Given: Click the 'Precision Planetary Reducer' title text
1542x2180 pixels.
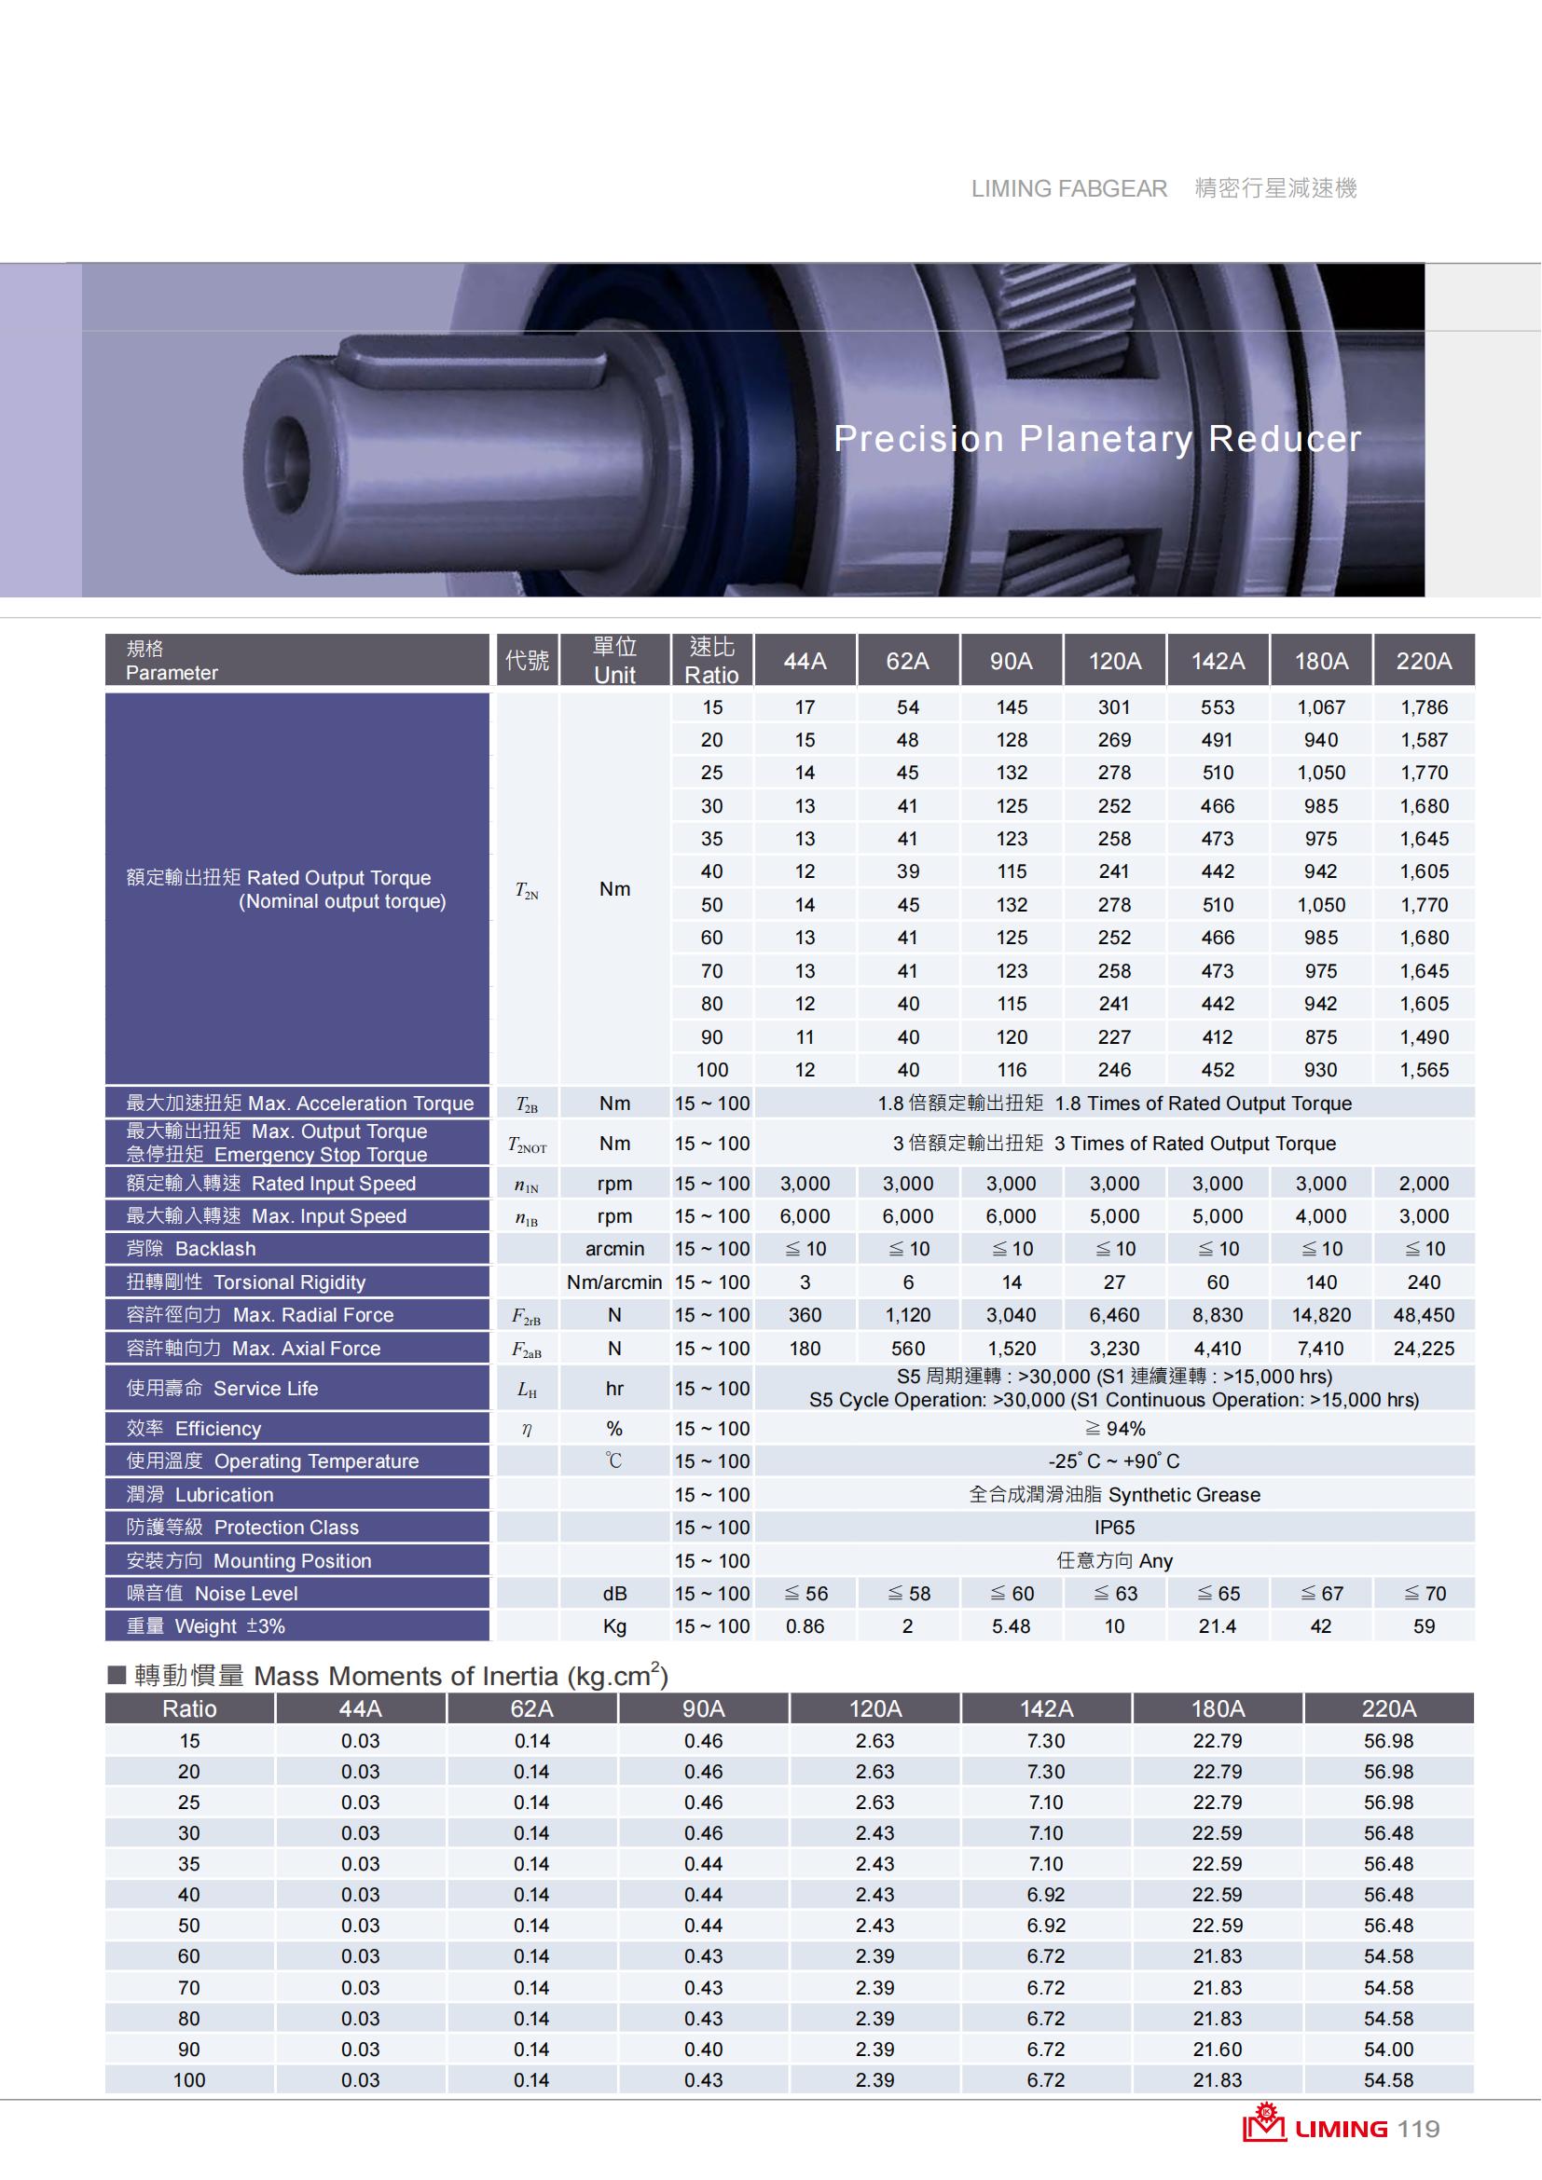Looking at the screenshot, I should [x=1096, y=439].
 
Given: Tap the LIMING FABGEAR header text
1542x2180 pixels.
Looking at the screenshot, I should [x=1068, y=189].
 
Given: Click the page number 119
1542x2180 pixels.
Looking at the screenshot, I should [x=1418, y=2129].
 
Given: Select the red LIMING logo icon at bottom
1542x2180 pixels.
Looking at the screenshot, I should [x=1264, y=2125].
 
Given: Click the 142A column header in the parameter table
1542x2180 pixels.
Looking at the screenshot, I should [x=1218, y=661].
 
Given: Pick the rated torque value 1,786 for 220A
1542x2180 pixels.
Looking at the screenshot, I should [x=1424, y=707].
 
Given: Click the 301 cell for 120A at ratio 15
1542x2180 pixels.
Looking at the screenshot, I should [x=1114, y=707].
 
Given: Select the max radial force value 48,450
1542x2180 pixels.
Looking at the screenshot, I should [x=1424, y=1315].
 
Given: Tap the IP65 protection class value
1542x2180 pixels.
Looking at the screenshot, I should [x=1114, y=1527].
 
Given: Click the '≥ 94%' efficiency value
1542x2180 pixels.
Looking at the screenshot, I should [x=1114, y=1428].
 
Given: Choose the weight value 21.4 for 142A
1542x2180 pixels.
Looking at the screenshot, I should [x=1218, y=1626].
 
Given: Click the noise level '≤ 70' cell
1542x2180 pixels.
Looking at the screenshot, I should [x=1424, y=1593].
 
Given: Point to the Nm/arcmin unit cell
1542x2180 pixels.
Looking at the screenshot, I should [x=614, y=1282].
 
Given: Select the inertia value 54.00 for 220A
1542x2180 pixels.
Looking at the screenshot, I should [x=1388, y=2049].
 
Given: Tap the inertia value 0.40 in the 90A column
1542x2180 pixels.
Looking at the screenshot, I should [x=703, y=2049].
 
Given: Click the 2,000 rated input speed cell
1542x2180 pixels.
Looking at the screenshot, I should [x=1424, y=1183].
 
